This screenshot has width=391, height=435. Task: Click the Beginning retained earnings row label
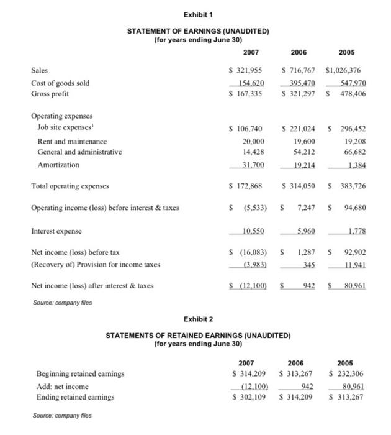80,374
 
